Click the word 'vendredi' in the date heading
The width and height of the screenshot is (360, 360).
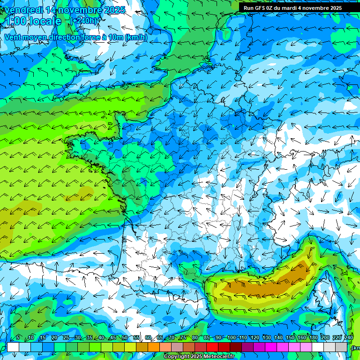click(x=24, y=10)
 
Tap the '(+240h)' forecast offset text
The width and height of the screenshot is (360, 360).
click(x=85, y=21)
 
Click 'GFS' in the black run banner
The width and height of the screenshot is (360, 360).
click(x=262, y=8)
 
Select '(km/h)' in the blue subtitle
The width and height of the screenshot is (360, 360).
click(x=136, y=37)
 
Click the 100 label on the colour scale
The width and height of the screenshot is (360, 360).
click(x=231, y=338)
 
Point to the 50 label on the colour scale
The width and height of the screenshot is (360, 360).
click(x=124, y=338)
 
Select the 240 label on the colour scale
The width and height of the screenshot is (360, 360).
click(x=348, y=338)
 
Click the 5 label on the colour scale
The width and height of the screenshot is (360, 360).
click(x=18, y=338)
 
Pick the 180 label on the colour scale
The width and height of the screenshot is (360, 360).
click(x=313, y=338)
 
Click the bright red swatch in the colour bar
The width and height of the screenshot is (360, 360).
click(x=212, y=347)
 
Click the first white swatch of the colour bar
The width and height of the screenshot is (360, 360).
click(x=13, y=347)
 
